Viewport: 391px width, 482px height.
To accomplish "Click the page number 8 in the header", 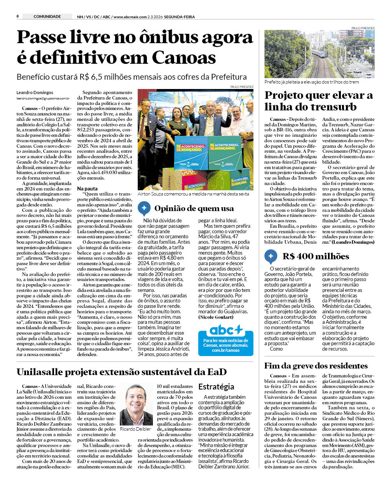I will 17,16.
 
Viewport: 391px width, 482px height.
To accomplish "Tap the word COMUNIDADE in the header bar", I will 47,16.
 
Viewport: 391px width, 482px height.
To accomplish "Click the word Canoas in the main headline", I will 183,58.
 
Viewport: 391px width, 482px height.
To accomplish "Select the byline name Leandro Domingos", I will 35,93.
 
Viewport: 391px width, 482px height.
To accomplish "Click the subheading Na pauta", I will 87,189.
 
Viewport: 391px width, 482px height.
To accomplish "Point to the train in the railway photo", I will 319,52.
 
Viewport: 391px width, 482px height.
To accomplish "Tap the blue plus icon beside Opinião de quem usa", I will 144,208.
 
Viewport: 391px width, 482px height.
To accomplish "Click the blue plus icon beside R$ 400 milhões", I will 271,256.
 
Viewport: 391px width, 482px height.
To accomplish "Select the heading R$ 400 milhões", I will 316,256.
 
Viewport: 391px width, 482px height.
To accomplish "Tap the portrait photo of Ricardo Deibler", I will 136,404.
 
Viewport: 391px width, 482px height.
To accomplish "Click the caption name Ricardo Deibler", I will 135,429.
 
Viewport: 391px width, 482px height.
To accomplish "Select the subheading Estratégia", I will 216,387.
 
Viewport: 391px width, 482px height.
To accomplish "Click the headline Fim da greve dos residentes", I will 316,366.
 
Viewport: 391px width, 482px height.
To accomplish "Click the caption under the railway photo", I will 311,82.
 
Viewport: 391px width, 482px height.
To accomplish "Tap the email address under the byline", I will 43,99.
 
